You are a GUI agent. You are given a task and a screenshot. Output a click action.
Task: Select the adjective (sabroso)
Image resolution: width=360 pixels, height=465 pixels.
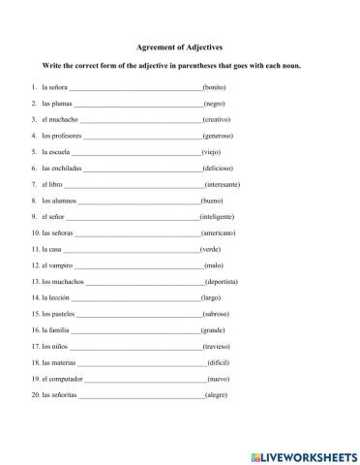pos(217,314)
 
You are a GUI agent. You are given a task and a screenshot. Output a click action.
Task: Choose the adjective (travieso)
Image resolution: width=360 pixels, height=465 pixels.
pos(217,346)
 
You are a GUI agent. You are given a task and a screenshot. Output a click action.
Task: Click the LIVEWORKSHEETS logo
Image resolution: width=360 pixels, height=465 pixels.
pos(303,453)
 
